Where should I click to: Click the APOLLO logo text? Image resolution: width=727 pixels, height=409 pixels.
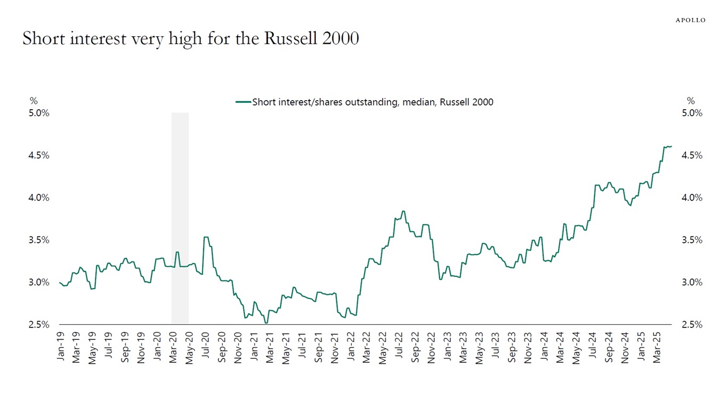click(690, 20)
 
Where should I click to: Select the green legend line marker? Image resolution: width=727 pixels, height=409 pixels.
click(243, 102)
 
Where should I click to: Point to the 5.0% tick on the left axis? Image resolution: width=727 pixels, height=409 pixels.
click(39, 113)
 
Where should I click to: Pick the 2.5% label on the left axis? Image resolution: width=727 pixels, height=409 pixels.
click(39, 324)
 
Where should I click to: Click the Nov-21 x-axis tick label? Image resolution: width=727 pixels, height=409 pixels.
click(335, 348)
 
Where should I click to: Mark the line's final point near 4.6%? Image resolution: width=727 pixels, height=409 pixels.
click(671, 146)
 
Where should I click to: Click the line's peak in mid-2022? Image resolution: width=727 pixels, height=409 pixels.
click(403, 211)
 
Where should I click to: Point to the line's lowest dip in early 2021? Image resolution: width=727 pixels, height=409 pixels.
click(266, 323)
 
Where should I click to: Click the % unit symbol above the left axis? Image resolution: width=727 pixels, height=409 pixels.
click(34, 101)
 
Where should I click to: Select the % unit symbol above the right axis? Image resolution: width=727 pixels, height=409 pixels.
click(691, 101)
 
